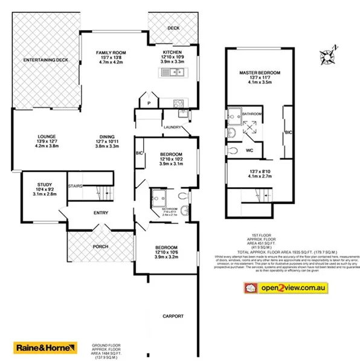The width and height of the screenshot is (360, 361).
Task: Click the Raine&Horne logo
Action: [46, 348]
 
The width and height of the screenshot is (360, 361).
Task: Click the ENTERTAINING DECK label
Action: [45, 60]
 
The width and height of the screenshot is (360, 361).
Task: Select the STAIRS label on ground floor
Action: [76, 186]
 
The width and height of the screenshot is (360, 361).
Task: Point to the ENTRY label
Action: [100, 213]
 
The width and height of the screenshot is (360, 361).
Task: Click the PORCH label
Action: [100, 247]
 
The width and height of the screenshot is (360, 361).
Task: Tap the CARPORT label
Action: [172, 316]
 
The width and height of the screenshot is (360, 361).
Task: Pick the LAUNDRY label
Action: [172, 127]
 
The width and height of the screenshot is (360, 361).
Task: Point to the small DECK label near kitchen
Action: [174, 28]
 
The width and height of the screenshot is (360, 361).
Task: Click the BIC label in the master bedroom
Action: [288, 132]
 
